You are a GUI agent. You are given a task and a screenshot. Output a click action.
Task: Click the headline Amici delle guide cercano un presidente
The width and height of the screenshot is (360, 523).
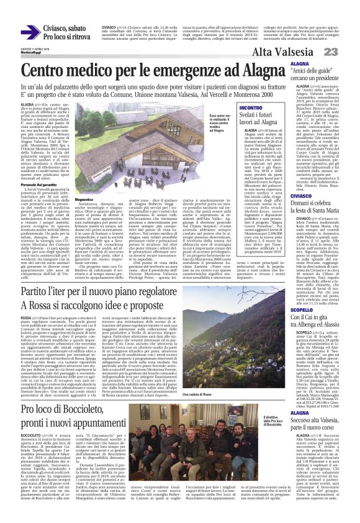point(326,77)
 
